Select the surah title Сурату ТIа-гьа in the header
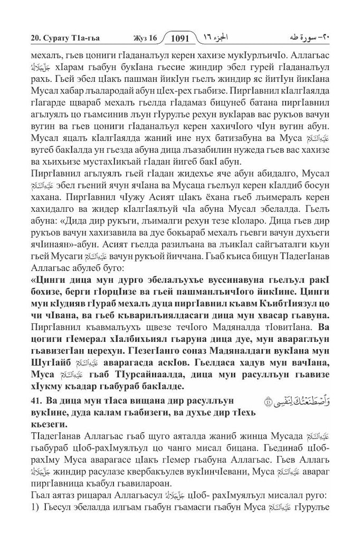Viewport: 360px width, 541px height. pos(59,39)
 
